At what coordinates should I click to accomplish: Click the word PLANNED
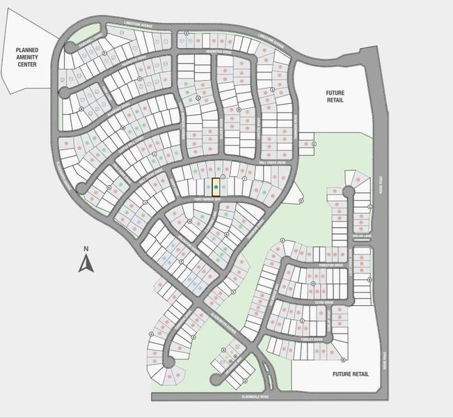pos(29,50)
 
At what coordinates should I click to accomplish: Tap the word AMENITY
pos(29,57)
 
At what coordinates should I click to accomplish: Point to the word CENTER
pos(29,65)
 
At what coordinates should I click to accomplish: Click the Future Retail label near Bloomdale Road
pos(345,373)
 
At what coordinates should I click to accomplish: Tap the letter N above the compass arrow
pos(85,249)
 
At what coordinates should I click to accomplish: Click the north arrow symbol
pos(85,263)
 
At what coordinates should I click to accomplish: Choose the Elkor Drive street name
pos(324,302)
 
